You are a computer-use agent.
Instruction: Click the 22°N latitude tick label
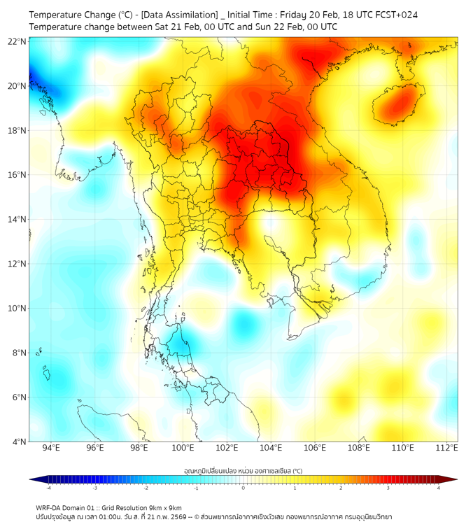pyautogui.click(x=17, y=41)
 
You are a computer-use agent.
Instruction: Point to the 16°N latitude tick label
pyautogui.click(x=17, y=175)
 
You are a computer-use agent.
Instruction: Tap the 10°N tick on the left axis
pyautogui.click(x=17, y=308)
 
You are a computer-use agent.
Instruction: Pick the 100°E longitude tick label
pyautogui.click(x=183, y=448)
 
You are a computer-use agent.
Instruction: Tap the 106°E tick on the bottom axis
pyautogui.click(x=315, y=448)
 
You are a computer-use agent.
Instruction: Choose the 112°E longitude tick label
pyautogui.click(x=447, y=448)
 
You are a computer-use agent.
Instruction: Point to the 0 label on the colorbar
pyautogui.click(x=243, y=488)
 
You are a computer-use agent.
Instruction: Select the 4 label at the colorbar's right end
pyautogui.click(x=439, y=488)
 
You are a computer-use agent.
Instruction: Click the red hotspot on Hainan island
pyautogui.click(x=400, y=105)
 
